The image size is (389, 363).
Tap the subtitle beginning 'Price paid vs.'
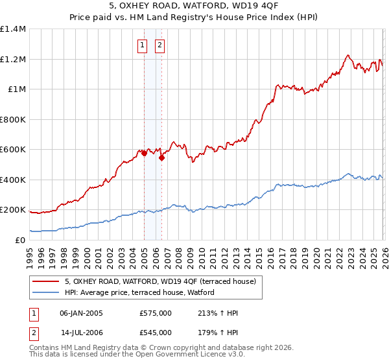194,18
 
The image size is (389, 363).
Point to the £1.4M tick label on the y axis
13,29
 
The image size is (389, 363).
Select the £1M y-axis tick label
17,89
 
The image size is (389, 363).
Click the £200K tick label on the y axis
13,210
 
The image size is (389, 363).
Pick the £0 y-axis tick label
21,240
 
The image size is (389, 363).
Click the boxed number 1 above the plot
142,45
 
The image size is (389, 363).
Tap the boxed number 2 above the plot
159,45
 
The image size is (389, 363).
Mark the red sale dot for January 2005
144,154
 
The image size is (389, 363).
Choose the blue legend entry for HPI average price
143,293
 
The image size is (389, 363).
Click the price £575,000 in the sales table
156,313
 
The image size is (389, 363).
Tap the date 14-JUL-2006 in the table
82,333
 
